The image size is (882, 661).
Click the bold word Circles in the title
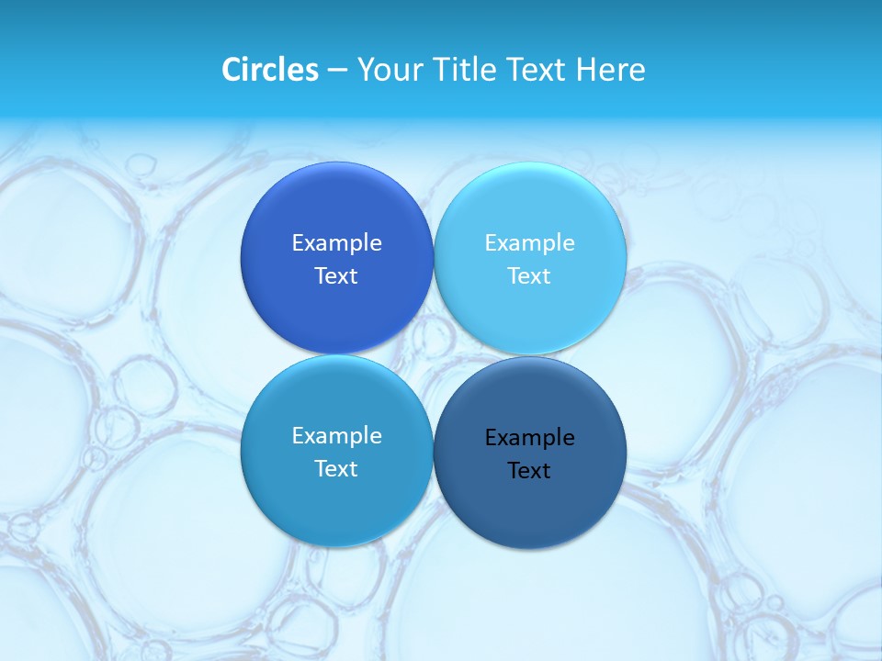(x=269, y=70)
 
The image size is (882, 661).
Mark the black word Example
(x=529, y=438)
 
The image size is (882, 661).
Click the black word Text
(x=529, y=471)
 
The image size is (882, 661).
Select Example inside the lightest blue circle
(x=529, y=243)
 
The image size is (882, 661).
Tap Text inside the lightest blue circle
(x=529, y=276)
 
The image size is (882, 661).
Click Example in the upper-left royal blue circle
(x=336, y=243)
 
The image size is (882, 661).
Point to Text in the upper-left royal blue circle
(x=336, y=276)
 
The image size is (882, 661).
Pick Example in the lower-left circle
(x=336, y=436)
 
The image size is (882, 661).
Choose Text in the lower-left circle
(x=336, y=469)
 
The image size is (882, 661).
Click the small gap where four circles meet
(x=433, y=354)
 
